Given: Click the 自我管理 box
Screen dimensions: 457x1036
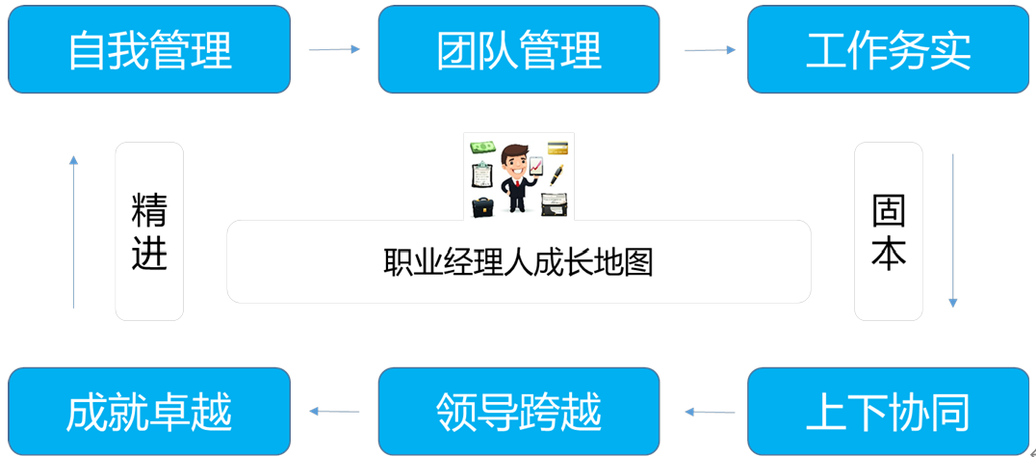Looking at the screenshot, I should click(149, 49).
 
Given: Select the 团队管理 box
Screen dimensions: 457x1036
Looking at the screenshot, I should click(519, 49).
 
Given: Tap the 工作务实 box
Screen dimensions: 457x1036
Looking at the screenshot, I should click(888, 49).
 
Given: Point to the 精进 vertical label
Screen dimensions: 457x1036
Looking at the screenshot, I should click(149, 231).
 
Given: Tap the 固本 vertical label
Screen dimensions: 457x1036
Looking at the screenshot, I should click(888, 231).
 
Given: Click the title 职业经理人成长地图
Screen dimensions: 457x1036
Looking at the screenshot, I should click(518, 262).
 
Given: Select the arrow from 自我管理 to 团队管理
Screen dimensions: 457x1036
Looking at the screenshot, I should click(334, 49).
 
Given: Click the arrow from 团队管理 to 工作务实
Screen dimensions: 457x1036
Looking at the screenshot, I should click(710, 49).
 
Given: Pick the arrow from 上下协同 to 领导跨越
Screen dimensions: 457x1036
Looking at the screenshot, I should click(710, 412).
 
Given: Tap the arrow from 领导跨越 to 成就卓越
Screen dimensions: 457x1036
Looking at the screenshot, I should click(334, 412).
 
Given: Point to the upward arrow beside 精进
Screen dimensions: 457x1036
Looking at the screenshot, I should click(73, 231).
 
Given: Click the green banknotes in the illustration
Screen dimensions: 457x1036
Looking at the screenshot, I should click(481, 148).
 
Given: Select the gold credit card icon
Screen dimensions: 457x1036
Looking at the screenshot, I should click(557, 148).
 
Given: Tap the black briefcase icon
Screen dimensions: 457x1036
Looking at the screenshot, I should click(482, 205).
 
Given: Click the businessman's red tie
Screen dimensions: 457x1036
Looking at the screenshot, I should click(517, 183).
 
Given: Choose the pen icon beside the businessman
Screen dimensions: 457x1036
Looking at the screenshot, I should click(557, 175).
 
